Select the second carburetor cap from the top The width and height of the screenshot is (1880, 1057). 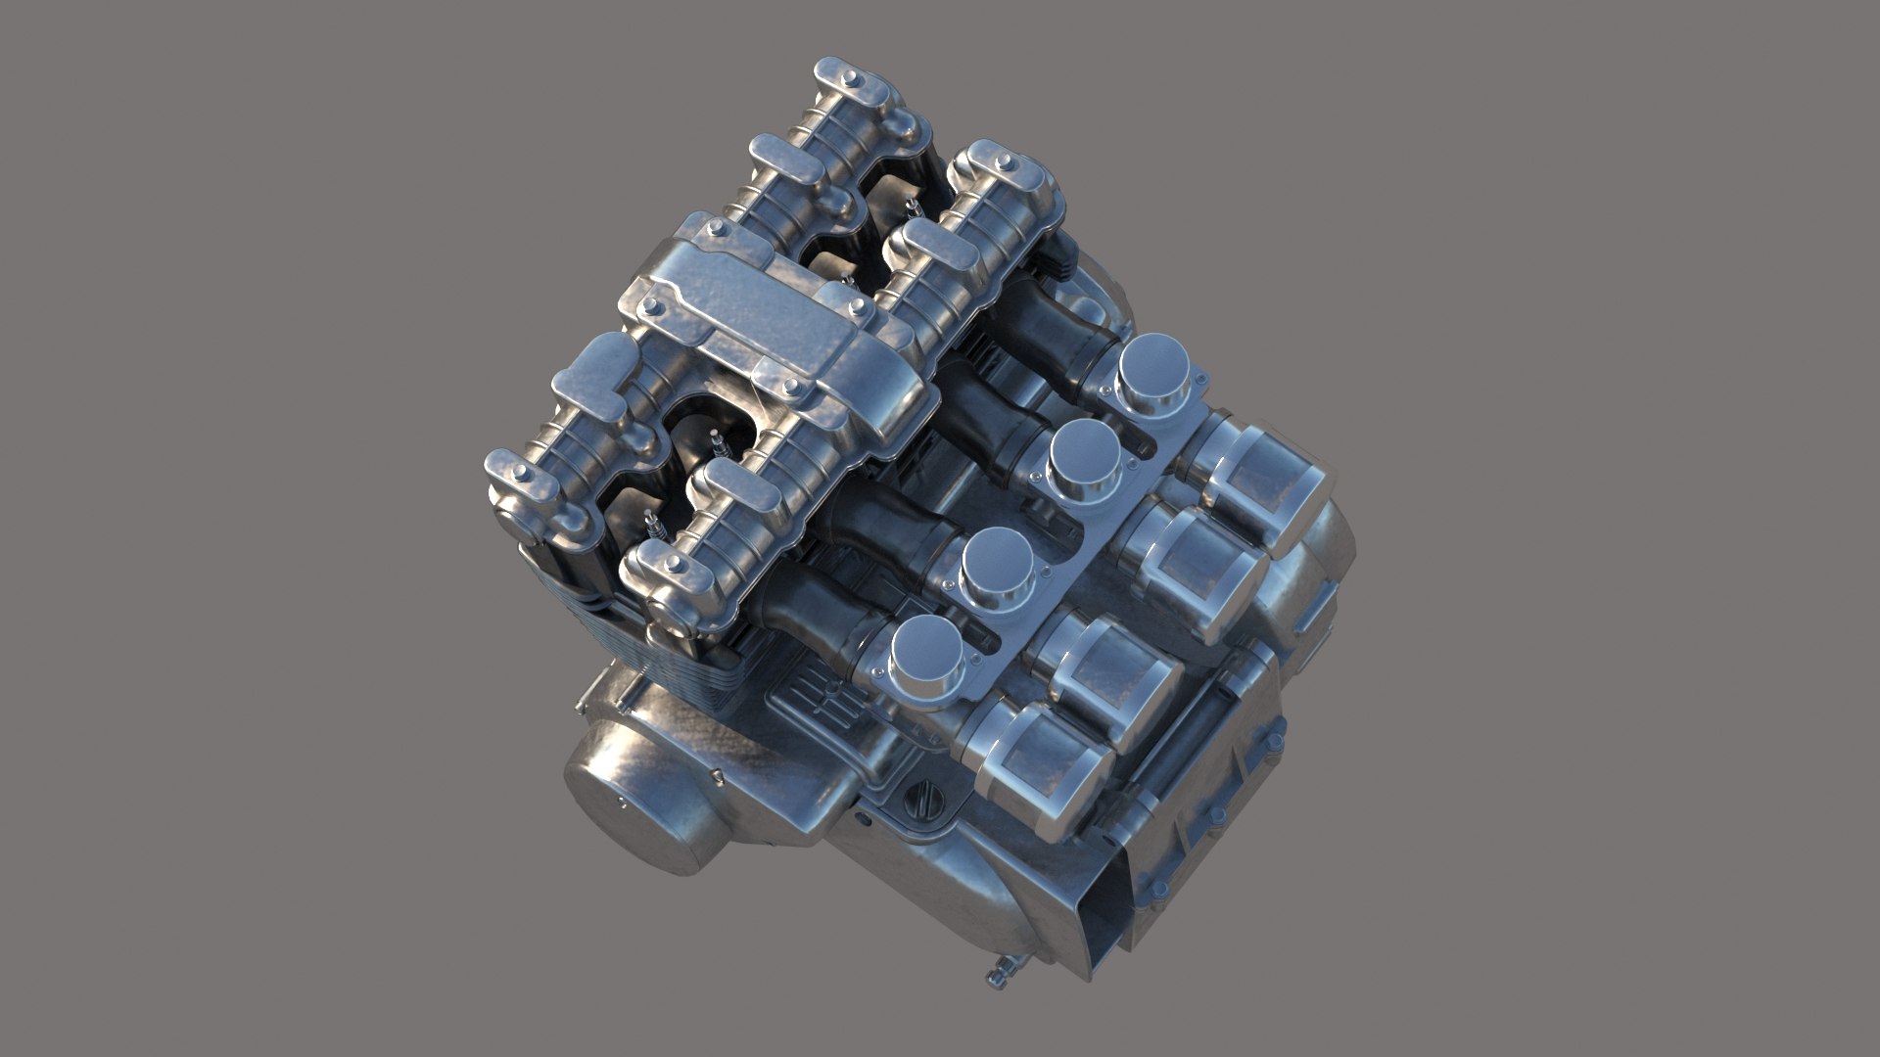tap(1084, 453)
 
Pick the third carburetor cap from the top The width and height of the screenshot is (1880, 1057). tap(1000, 562)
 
